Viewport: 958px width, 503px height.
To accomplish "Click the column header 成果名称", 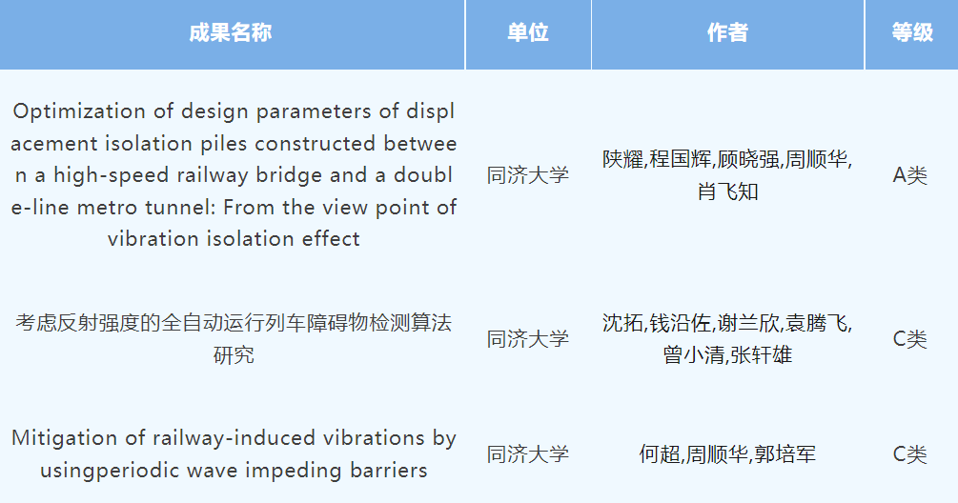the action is (231, 32).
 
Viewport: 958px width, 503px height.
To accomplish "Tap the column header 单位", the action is (528, 32).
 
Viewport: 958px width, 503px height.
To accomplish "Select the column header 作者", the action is (727, 32).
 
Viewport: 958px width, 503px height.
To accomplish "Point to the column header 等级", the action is (912, 32).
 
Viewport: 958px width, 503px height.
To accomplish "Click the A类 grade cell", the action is (909, 175).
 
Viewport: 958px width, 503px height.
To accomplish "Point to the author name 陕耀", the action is (623, 159).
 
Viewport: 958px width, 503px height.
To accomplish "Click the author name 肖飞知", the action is (727, 191).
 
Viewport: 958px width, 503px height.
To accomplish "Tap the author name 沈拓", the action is (623, 323).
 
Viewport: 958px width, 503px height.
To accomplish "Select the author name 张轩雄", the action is (762, 354).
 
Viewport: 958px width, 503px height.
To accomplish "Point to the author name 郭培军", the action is (785, 454).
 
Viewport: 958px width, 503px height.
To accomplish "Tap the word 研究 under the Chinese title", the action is (234, 354).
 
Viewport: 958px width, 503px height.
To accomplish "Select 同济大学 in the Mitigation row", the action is (528, 454).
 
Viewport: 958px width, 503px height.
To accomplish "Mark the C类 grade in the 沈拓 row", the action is (909, 339).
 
